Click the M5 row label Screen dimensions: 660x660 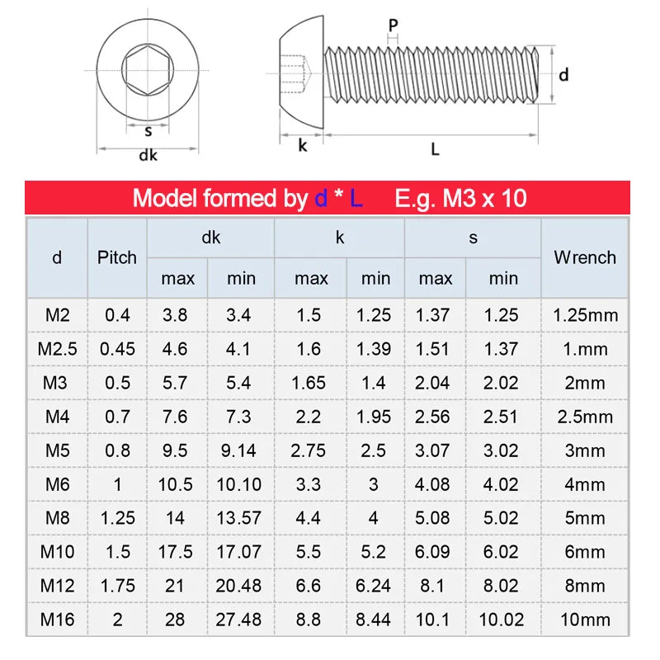click(x=57, y=450)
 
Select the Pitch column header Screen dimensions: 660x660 click(x=117, y=257)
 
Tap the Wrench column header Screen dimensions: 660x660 click(x=585, y=257)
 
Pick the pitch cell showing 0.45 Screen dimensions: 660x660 click(x=117, y=349)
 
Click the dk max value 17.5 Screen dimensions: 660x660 click(x=176, y=552)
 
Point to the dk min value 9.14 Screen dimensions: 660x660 click(x=238, y=450)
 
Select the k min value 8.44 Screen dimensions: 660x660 click(x=375, y=620)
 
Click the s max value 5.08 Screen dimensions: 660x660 click(x=435, y=518)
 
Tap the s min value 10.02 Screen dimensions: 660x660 click(x=502, y=620)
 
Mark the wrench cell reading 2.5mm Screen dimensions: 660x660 click(x=585, y=417)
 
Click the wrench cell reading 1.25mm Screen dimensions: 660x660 click(x=585, y=315)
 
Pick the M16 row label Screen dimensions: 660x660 click(x=57, y=620)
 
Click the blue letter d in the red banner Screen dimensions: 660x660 click(x=321, y=199)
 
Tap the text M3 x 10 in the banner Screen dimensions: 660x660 click(x=485, y=199)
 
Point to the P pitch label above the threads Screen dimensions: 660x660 click(x=394, y=26)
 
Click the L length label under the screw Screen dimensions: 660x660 click(x=435, y=149)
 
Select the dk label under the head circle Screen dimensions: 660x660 click(x=148, y=155)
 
